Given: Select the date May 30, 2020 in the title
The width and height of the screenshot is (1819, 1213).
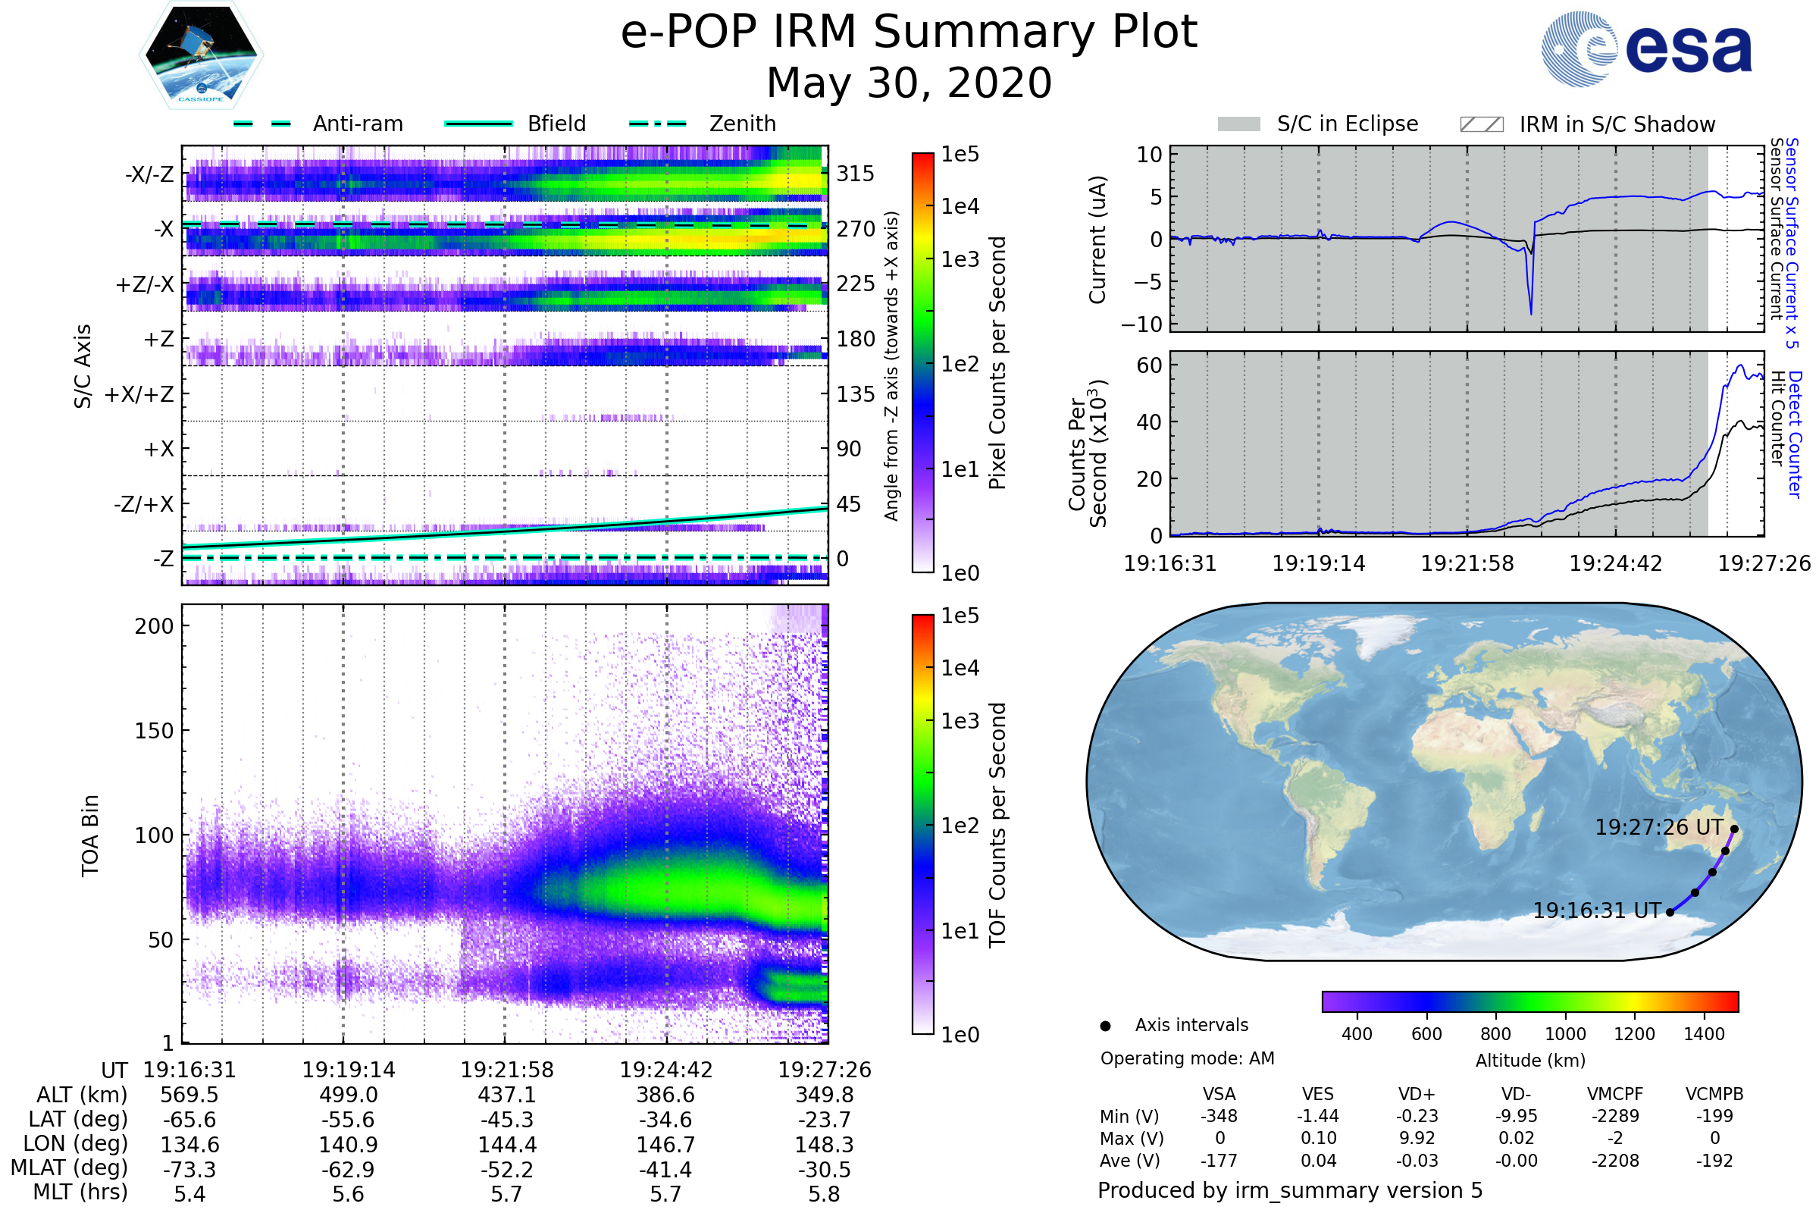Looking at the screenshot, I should pyautogui.click(x=909, y=83).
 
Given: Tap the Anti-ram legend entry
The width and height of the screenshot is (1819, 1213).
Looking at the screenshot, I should pyautogui.click(x=357, y=124).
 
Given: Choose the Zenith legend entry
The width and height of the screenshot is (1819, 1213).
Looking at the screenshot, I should pyautogui.click(x=742, y=124).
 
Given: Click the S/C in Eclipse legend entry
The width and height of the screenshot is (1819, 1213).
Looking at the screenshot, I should pyautogui.click(x=1347, y=124).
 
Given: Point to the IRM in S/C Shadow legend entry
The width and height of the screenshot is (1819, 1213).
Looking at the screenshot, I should pyautogui.click(x=1617, y=124).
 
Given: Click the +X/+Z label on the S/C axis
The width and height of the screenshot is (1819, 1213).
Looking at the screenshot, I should pyautogui.click(x=139, y=394).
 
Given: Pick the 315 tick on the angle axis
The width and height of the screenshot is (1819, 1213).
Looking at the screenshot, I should pyautogui.click(x=856, y=174).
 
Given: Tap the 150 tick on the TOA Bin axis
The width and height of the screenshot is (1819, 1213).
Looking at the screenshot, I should pyautogui.click(x=154, y=731).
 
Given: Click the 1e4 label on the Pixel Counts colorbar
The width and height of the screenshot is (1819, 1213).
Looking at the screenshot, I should pyautogui.click(x=960, y=206).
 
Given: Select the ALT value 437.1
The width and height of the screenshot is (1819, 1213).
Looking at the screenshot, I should pyautogui.click(x=507, y=1095).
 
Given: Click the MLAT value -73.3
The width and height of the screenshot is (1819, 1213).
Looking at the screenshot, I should pyautogui.click(x=189, y=1169).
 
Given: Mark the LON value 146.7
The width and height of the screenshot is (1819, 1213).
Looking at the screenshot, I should pyautogui.click(x=666, y=1144).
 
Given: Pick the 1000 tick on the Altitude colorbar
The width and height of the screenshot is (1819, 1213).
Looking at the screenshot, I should pyautogui.click(x=1565, y=1034).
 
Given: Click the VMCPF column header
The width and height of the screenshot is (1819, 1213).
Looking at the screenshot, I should pyautogui.click(x=1615, y=1094).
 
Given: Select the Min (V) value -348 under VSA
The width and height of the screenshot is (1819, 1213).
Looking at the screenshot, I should pyautogui.click(x=1219, y=1116).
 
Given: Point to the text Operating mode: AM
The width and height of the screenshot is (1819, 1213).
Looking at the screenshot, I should pyautogui.click(x=1187, y=1058).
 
